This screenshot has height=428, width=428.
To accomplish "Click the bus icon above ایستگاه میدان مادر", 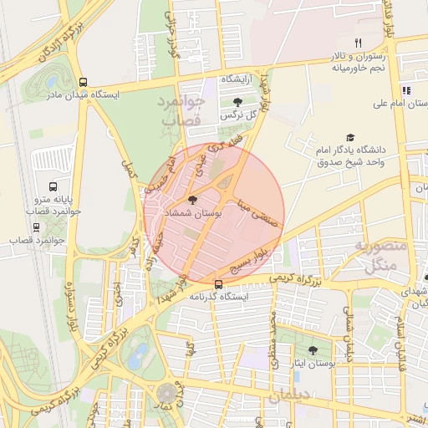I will [82, 82].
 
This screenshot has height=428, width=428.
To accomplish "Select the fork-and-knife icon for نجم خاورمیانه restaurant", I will [358, 43].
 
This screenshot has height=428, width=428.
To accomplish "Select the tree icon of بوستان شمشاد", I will [193, 201].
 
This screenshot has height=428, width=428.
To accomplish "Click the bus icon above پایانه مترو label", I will [53, 187].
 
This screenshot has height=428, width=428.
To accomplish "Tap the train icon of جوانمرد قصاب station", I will [37, 226].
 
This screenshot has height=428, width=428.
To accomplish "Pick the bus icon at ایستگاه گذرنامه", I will [218, 284].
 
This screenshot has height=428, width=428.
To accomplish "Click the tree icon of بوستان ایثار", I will [313, 351].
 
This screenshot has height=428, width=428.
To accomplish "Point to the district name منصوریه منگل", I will [380, 257].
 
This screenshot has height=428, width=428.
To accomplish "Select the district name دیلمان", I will [295, 392].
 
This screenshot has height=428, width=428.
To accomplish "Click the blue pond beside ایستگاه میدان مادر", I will [53, 82].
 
